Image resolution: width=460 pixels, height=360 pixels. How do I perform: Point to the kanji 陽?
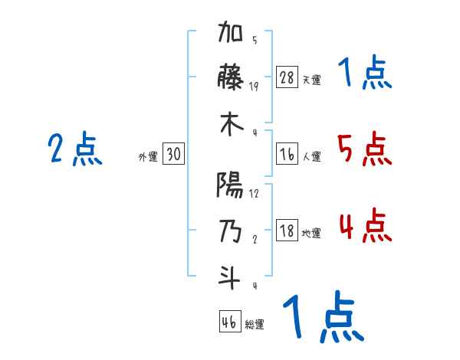click(231, 185)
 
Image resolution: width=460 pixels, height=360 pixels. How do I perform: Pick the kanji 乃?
click(231, 231)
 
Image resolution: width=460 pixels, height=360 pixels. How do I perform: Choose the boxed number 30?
click(173, 154)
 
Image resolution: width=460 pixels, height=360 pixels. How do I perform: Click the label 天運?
click(311, 80)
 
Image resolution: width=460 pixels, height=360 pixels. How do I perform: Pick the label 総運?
click(254, 324)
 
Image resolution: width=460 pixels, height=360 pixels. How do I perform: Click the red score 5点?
click(364, 149)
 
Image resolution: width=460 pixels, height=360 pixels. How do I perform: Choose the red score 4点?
click(364, 227)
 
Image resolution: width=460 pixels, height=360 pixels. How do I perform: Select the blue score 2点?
click(75, 149)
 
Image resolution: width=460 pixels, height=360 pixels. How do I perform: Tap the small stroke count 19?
click(254, 87)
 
